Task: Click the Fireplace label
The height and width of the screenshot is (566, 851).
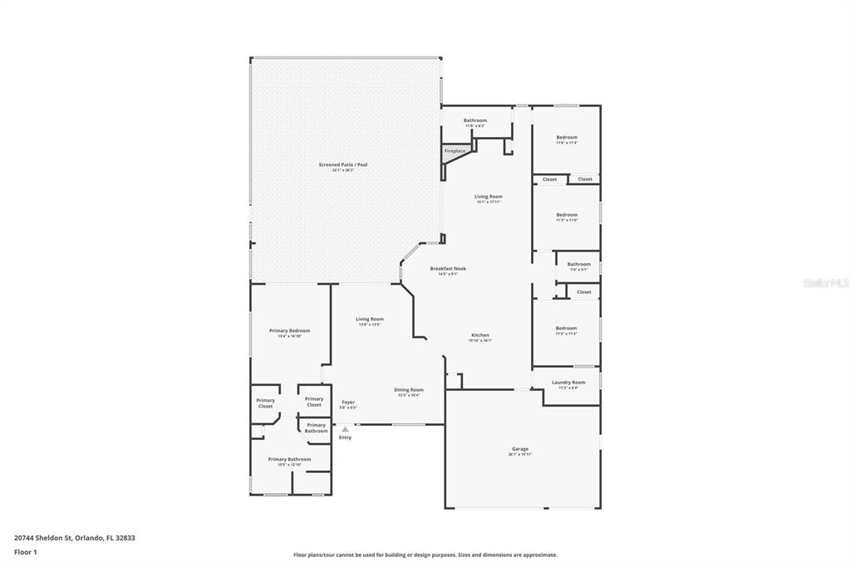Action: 455,151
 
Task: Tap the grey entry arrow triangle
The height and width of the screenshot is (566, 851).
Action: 345,429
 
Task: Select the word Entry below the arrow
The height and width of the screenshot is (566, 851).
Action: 345,437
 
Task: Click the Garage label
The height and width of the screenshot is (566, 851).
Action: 520,449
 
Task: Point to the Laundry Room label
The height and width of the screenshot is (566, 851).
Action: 568,383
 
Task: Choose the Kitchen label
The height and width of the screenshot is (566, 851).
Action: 480,335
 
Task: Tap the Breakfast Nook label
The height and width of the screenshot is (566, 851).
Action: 448,269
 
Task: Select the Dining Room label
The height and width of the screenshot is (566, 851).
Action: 408,389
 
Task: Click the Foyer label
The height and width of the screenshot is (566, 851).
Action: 348,403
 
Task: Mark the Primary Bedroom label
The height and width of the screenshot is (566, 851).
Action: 289,330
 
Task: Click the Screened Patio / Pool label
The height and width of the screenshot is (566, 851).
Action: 342,164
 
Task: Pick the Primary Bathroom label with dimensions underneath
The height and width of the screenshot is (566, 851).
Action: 289,459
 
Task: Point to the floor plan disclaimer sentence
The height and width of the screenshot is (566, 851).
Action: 425,555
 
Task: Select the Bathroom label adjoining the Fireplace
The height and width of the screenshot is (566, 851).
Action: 475,120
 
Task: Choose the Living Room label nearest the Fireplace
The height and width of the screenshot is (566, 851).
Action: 489,197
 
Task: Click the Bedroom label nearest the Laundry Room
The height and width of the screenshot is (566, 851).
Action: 566,328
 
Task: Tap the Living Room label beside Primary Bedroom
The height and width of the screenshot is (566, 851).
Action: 370,319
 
